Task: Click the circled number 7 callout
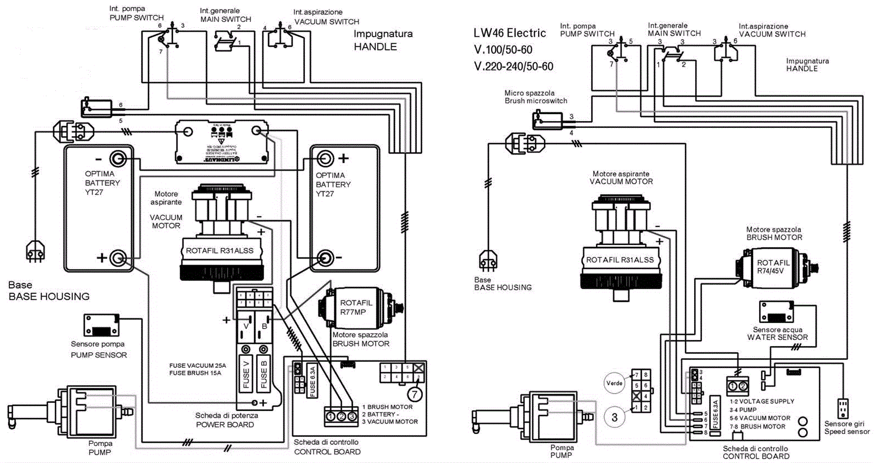(x=415, y=394)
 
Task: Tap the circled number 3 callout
(x=615, y=418)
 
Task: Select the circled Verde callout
(x=615, y=383)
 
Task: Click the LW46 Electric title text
(x=510, y=33)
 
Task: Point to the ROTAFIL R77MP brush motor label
(x=356, y=307)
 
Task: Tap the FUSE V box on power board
(x=246, y=373)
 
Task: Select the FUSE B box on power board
(x=264, y=373)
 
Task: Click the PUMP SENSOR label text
(x=99, y=355)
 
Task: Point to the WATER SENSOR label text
(x=777, y=337)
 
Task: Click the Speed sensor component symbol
(x=843, y=408)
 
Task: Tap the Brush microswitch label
(x=535, y=101)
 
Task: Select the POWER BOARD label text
(x=225, y=425)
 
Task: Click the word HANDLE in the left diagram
(x=375, y=47)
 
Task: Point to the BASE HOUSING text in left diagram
(x=49, y=296)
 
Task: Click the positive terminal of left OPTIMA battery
(x=118, y=257)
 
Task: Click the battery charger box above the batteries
(x=222, y=142)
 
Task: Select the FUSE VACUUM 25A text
(x=197, y=366)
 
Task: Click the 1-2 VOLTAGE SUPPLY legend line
(x=761, y=401)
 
